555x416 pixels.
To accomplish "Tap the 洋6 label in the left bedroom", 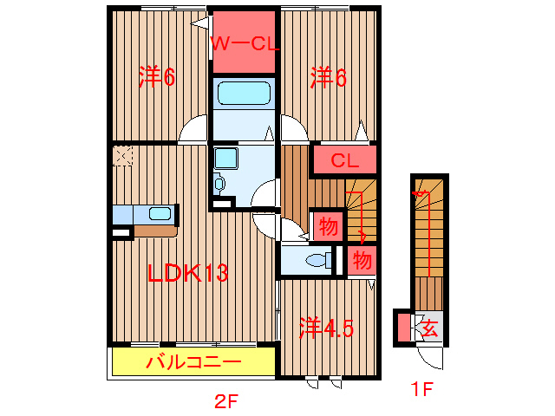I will (x=157, y=78).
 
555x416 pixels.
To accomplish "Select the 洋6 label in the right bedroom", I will (x=329, y=78).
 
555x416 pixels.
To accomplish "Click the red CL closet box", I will (x=344, y=160).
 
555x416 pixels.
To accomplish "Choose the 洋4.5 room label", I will (x=327, y=328).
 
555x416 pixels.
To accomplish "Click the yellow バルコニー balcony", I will (x=193, y=361).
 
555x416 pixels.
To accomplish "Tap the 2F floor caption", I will (x=226, y=401).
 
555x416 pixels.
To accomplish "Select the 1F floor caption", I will (x=421, y=390).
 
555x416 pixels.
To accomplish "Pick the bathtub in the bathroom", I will (x=244, y=94).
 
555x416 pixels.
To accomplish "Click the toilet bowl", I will (x=320, y=258).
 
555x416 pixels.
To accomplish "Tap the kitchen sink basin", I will (x=160, y=213).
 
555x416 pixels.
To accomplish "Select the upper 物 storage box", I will (x=327, y=227).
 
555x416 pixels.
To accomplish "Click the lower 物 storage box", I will (x=362, y=259).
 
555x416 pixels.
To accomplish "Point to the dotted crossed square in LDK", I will (x=122, y=157).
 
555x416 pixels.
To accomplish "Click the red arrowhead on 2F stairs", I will (x=362, y=237).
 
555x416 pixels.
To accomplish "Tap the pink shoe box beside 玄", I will (x=403, y=328).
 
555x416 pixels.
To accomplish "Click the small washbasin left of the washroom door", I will (x=219, y=184).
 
